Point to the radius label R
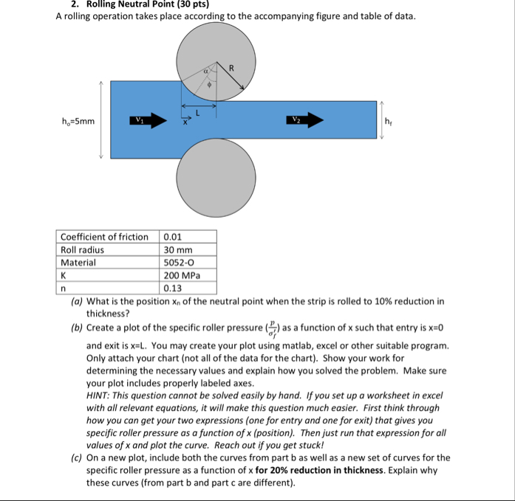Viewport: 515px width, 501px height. click(x=231, y=69)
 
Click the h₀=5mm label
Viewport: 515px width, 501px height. click(x=78, y=121)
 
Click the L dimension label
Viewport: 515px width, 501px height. click(x=197, y=113)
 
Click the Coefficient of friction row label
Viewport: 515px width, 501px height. click(x=104, y=237)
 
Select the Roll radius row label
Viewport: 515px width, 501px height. click(x=82, y=249)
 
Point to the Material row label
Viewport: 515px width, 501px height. click(x=78, y=262)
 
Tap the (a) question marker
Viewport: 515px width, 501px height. click(x=77, y=301)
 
